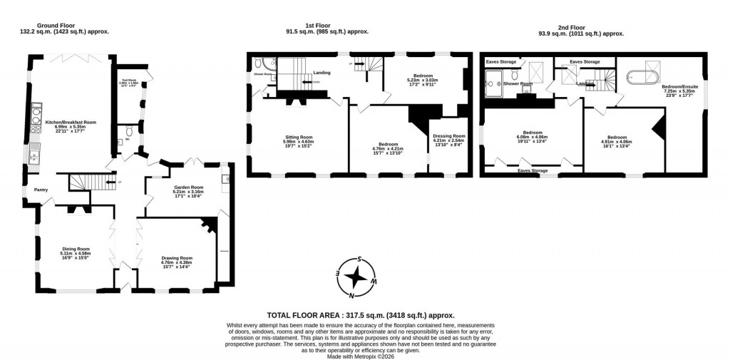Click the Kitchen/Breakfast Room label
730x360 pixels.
(x=71, y=127)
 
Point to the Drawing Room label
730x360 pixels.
(x=176, y=262)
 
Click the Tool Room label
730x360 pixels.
(x=129, y=81)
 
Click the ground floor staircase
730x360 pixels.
(x=84, y=182)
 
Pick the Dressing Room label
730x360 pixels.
(x=449, y=140)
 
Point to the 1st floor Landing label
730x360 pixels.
(x=321, y=72)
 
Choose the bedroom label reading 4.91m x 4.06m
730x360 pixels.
(x=617, y=140)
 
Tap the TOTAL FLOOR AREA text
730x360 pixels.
(x=360, y=314)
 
